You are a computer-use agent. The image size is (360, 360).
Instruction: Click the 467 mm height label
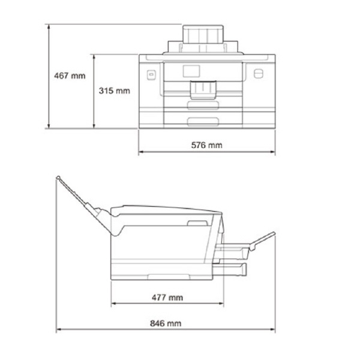pyautogui.click(x=70, y=76)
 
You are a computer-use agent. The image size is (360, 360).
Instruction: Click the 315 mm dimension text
pyautogui.click(x=114, y=91)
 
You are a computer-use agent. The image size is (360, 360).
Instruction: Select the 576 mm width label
pyautogui.click(x=207, y=145)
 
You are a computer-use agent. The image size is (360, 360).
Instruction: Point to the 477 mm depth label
pyautogui.click(x=168, y=297)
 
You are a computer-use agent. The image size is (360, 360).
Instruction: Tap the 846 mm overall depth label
pyautogui.click(x=166, y=323)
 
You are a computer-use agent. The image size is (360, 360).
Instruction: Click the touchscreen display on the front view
pyautogui.click(x=191, y=71)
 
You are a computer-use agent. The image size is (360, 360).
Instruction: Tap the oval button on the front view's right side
pyautogui.click(x=259, y=74)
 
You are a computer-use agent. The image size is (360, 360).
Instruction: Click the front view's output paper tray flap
pyautogui.click(x=203, y=91)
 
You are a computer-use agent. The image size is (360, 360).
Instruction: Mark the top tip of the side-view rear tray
pyautogui.click(x=58, y=178)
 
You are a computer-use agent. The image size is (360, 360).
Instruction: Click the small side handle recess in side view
pyautogui.click(x=196, y=223)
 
